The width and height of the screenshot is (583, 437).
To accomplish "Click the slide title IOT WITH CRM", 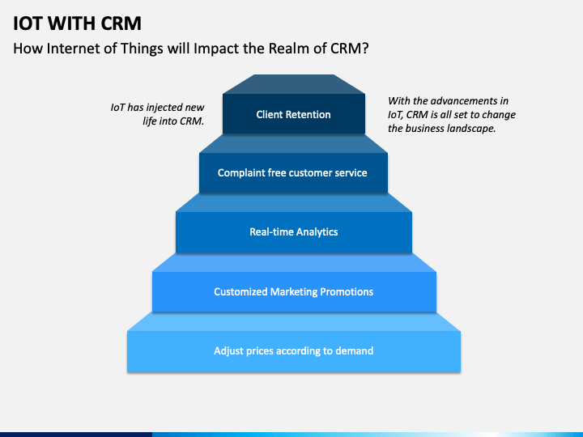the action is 78,23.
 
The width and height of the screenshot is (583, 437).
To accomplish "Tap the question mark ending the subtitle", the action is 365,49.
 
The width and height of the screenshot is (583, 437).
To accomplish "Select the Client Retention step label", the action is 293,114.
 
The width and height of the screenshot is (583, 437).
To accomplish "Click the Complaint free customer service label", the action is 292,173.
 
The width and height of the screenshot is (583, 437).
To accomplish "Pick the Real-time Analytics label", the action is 294,232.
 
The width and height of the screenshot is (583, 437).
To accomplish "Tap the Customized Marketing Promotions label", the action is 293,291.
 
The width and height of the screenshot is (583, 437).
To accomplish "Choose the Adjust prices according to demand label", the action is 293,350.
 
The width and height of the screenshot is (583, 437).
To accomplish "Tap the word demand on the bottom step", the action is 355,350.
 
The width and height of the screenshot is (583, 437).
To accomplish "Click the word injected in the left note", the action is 160,108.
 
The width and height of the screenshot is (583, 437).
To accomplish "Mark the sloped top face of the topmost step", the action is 294,84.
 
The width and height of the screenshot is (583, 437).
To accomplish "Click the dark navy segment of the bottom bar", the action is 76,435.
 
